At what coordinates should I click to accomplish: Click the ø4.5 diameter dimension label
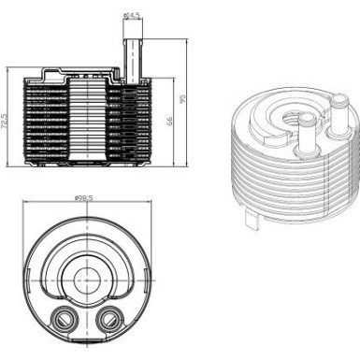pyautogui.click(x=133, y=15)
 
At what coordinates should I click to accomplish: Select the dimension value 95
pyautogui.click(x=184, y=99)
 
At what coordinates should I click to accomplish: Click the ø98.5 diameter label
pyautogui.click(x=87, y=198)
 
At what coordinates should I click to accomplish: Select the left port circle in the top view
pyautogui.click(x=65, y=317)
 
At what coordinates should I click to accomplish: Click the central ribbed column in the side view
pyautogui.click(x=91, y=122)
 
